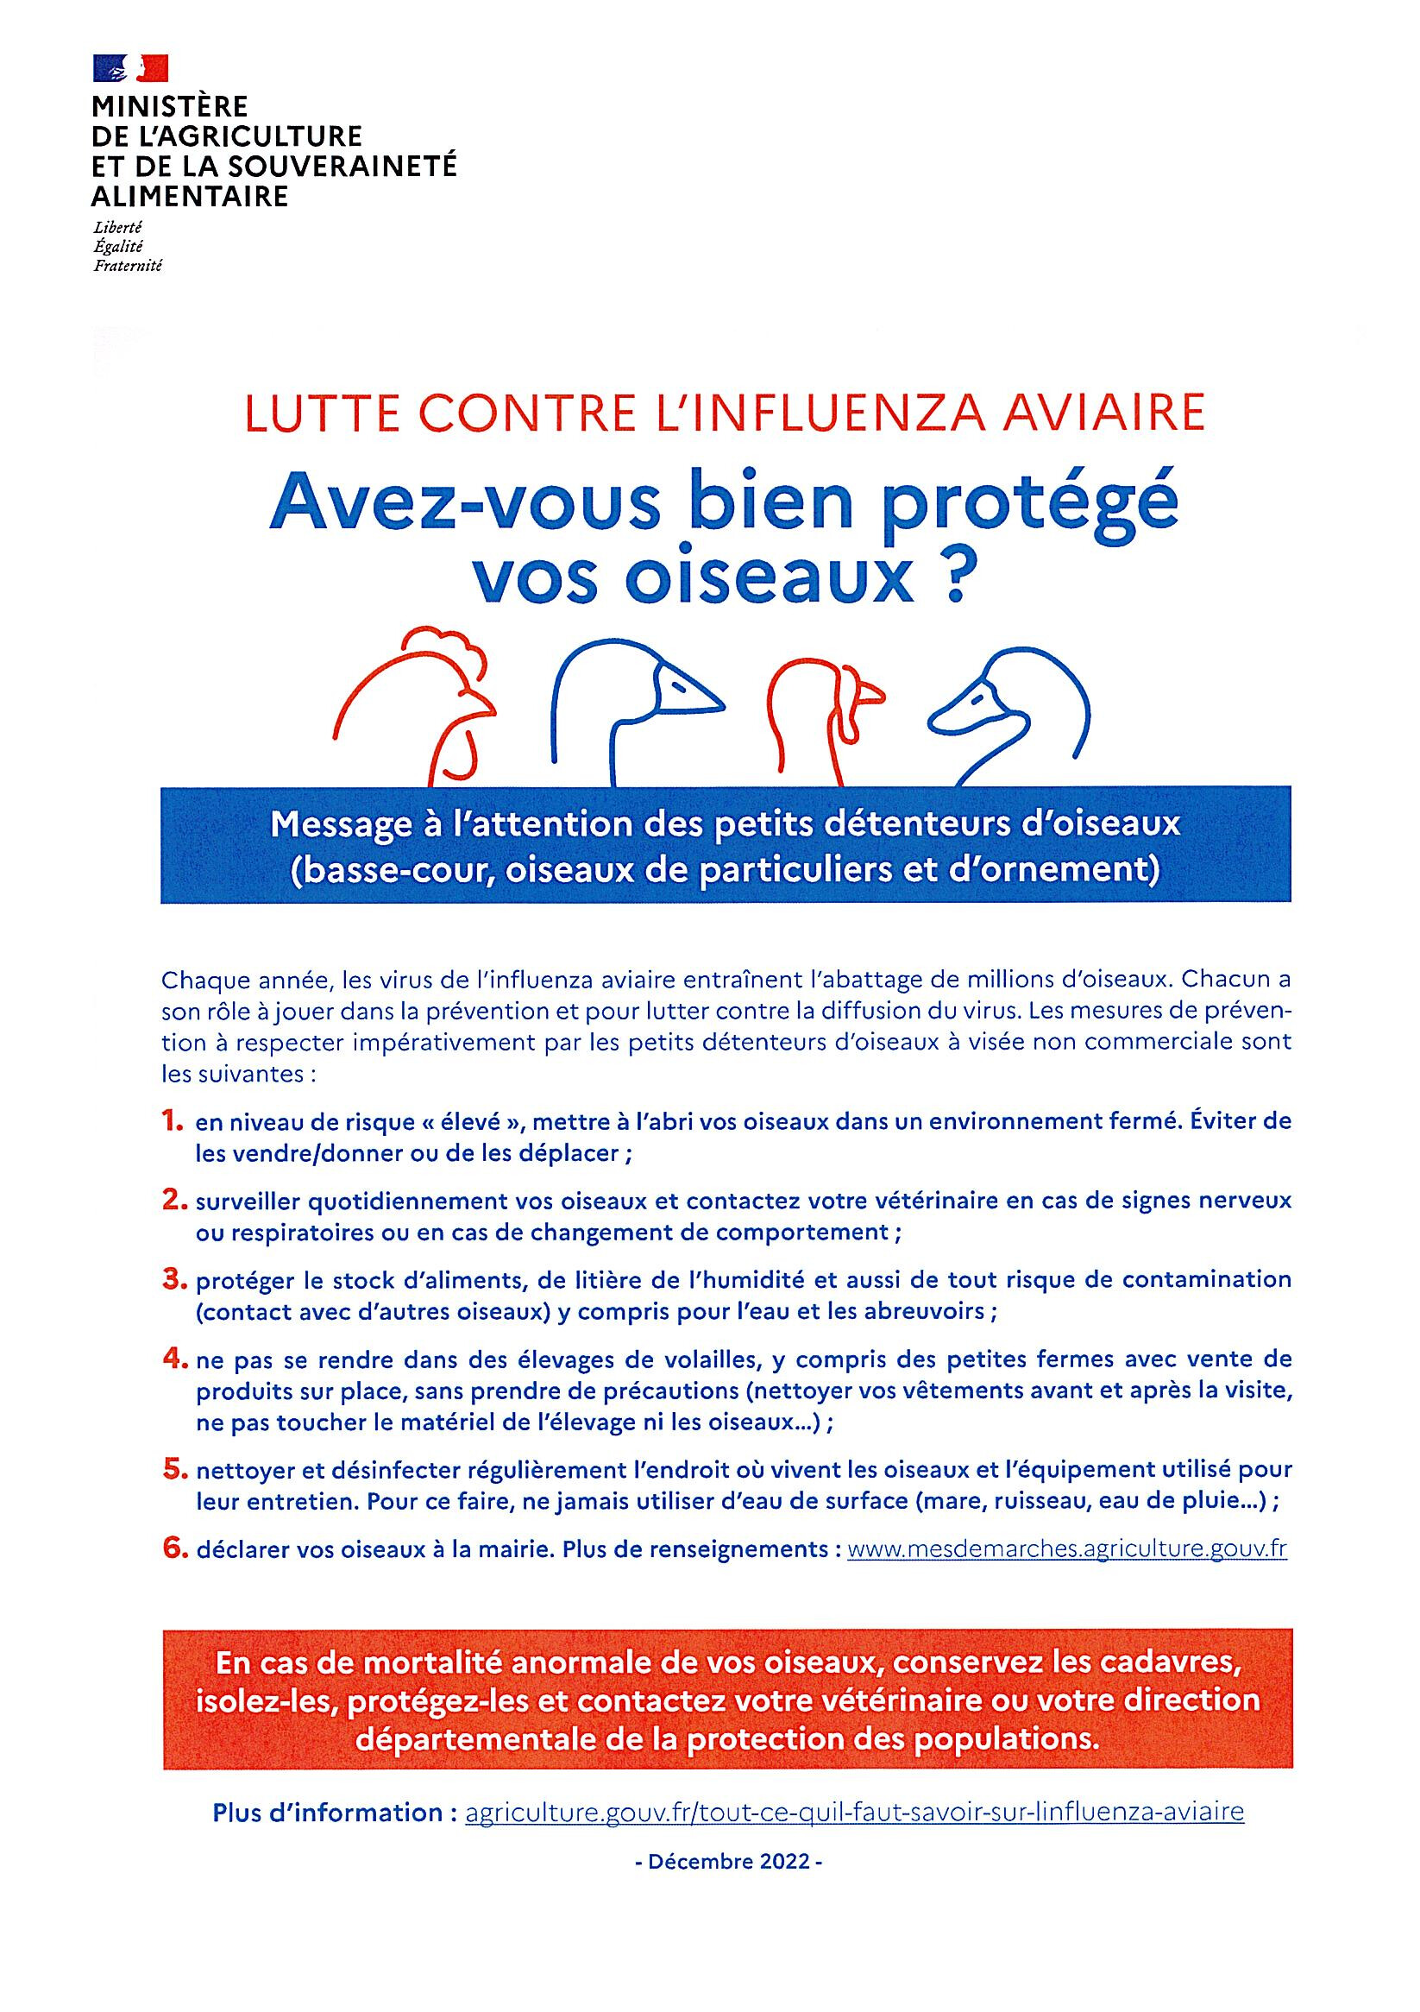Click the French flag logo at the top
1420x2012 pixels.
tap(130, 67)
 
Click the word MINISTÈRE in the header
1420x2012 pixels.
tap(170, 107)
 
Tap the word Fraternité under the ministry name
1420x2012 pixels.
tap(128, 266)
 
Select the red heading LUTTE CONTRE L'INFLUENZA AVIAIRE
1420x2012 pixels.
tap(725, 415)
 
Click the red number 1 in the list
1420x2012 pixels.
tap(172, 1120)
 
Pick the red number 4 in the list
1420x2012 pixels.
tap(173, 1359)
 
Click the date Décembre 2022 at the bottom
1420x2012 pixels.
tap(728, 1861)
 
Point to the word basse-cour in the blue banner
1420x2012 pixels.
tap(389, 871)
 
